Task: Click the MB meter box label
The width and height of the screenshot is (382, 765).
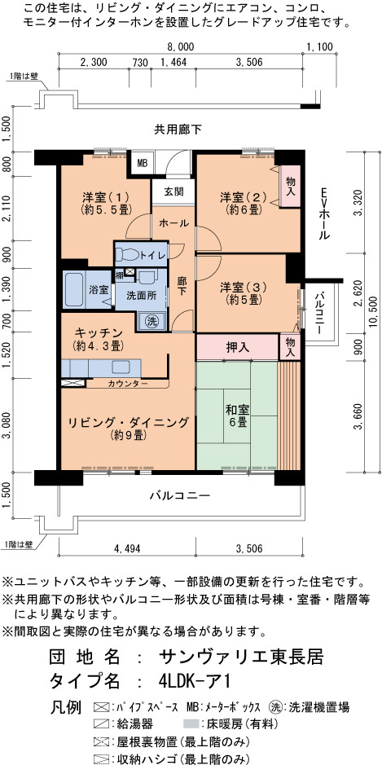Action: [142, 164]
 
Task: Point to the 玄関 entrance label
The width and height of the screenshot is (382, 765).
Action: [173, 191]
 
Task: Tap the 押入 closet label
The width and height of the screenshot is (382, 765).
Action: [239, 347]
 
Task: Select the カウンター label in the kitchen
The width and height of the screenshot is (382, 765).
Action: [129, 384]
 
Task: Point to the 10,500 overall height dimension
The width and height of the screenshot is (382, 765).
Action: [374, 313]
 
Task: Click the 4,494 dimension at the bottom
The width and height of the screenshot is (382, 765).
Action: [127, 548]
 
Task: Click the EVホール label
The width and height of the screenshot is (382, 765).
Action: [324, 213]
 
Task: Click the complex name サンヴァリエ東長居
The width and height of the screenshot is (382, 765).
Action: [241, 657]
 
